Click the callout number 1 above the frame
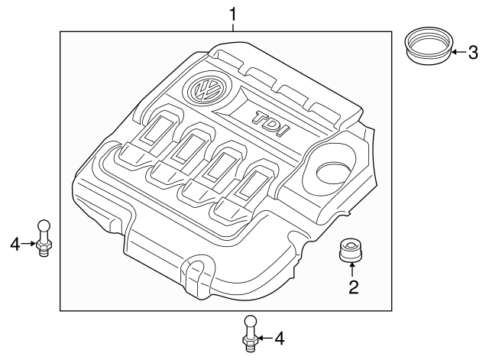234,12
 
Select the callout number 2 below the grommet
353,287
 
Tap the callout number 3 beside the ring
472,53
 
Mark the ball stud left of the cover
44,238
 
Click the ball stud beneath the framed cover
251,333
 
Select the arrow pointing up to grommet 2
352,268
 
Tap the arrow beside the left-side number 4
30,244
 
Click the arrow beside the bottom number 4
264,337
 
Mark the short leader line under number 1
234,26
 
